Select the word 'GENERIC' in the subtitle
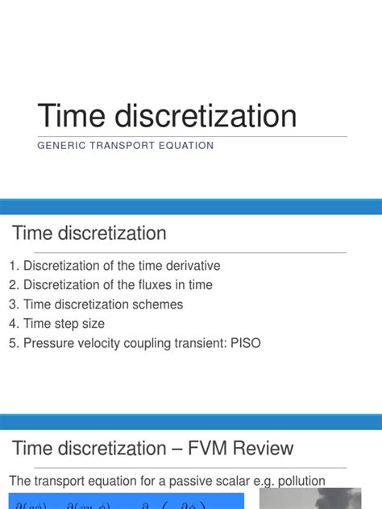click(62, 146)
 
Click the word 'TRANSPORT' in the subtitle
click(122, 146)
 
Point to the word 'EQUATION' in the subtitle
click(186, 146)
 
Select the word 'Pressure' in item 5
click(49, 343)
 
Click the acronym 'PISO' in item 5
click(245, 343)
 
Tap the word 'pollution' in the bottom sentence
click(297, 481)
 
